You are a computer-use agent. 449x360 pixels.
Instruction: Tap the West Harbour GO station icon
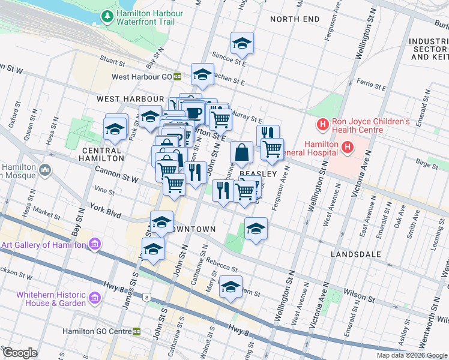pyautogui.click(x=178, y=76)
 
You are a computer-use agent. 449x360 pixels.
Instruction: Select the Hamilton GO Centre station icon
pyautogui.click(x=137, y=331)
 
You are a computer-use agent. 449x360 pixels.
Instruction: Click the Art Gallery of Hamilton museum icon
pyautogui.click(x=94, y=244)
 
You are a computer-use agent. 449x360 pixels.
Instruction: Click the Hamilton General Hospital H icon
pyautogui.click(x=347, y=146)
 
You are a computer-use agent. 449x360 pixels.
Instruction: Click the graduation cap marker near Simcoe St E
pyautogui.click(x=243, y=43)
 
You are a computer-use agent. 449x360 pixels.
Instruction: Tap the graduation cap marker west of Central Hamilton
pyautogui.click(x=114, y=127)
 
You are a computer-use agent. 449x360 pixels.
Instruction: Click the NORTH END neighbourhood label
pyautogui.click(x=295, y=19)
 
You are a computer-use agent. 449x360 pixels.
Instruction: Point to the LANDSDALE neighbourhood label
pyautogui.click(x=356, y=254)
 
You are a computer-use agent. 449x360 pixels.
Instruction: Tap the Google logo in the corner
pyautogui.click(x=20, y=353)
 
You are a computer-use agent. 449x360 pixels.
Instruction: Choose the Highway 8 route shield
pyautogui.click(x=146, y=296)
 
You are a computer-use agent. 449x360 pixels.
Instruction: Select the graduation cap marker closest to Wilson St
pyautogui.click(x=230, y=287)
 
